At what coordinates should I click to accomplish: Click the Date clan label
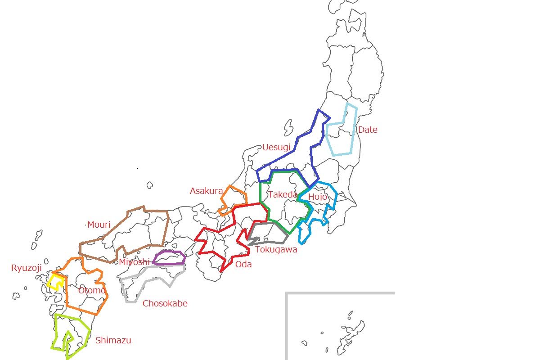click(367, 130)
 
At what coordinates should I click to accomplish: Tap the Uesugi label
click(276, 148)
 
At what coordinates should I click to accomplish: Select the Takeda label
click(283, 195)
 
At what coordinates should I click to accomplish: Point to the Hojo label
click(317, 197)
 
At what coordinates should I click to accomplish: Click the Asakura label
click(206, 191)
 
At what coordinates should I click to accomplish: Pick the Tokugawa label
click(276, 250)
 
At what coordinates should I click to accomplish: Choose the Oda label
click(243, 264)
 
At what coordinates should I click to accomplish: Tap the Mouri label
click(99, 225)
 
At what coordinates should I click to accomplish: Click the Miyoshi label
click(134, 262)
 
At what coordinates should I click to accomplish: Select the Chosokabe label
click(165, 304)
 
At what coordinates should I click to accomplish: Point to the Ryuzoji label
click(26, 268)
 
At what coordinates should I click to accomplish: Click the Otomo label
click(92, 291)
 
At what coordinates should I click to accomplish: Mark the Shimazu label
click(113, 341)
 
